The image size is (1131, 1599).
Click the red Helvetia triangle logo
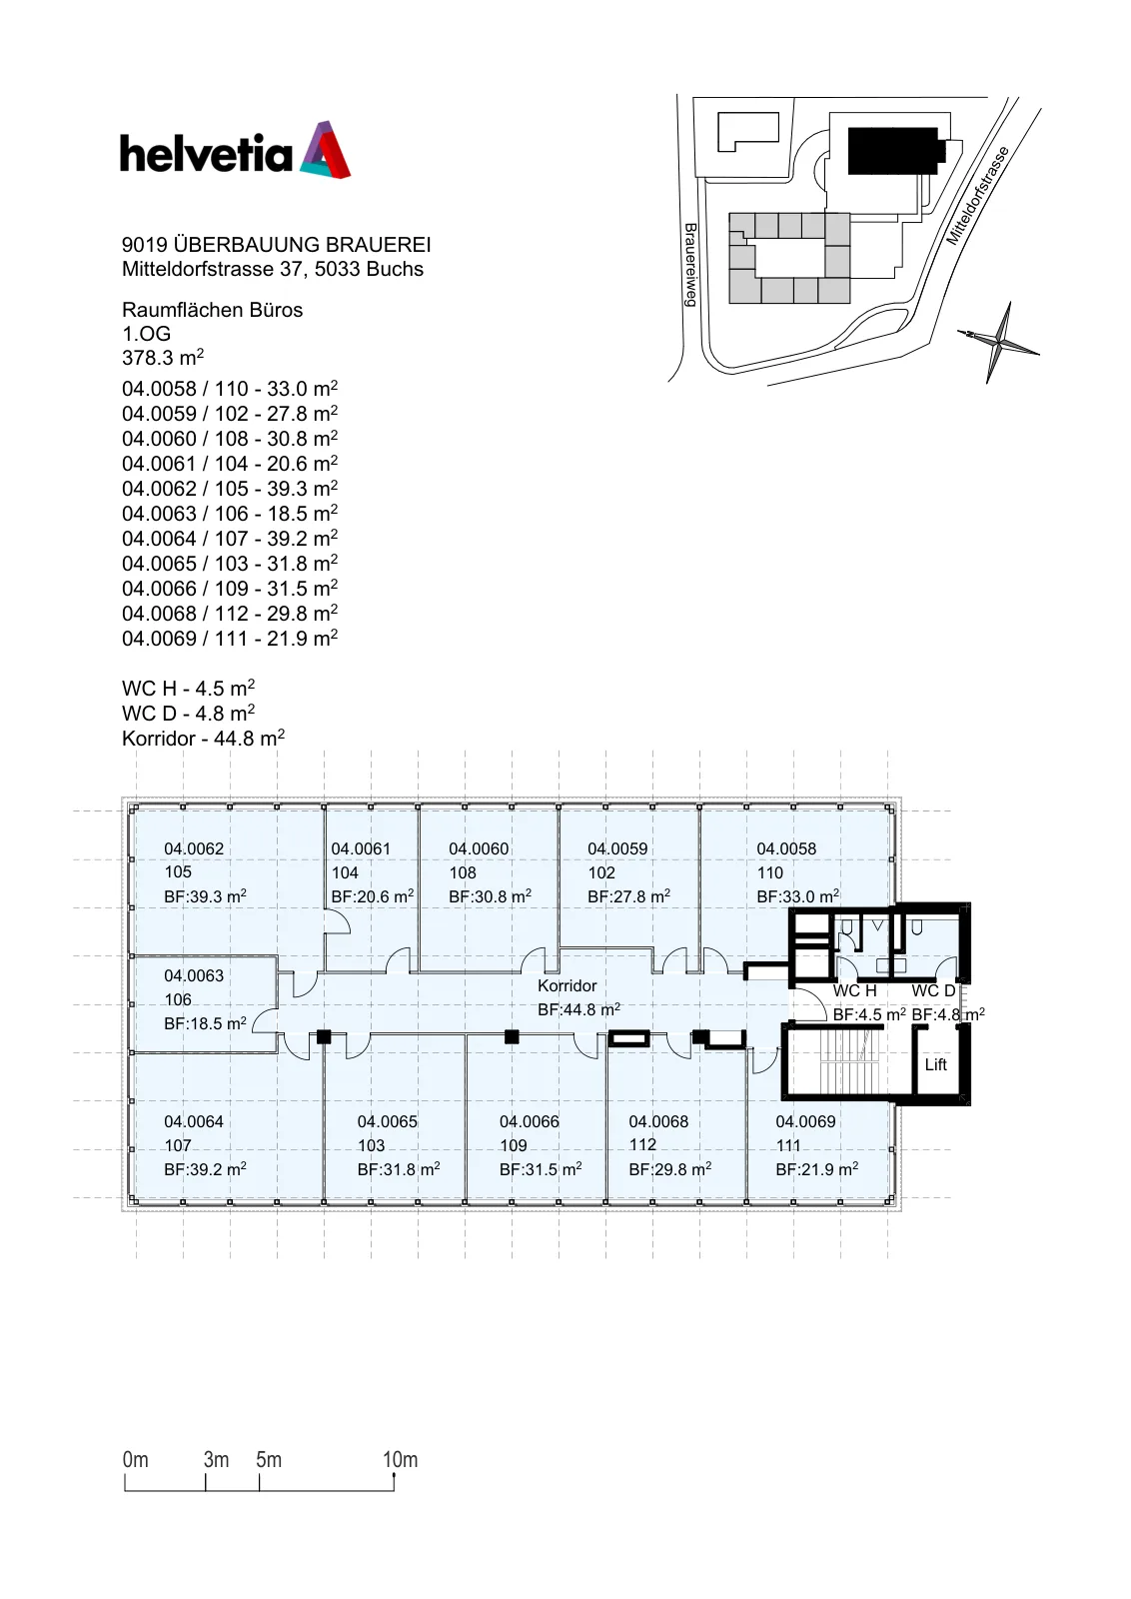(x=326, y=149)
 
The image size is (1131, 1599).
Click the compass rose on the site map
(x=998, y=343)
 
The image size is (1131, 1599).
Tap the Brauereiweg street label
(x=690, y=265)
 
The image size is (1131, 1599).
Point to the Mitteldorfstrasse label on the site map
(x=977, y=196)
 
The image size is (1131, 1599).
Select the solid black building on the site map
(x=895, y=151)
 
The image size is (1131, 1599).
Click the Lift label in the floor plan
(x=935, y=1064)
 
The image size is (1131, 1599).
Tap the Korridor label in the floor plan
(x=566, y=985)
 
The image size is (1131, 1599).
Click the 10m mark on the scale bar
(x=400, y=1460)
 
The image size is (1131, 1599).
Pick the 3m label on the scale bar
(x=216, y=1460)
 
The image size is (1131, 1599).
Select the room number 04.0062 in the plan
(x=194, y=848)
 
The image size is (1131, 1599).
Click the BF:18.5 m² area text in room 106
(x=205, y=1023)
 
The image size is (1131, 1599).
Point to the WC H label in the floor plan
(x=854, y=990)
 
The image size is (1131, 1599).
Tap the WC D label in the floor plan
(x=933, y=990)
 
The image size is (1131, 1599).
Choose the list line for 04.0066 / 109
(x=230, y=589)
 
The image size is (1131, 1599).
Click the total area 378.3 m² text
(x=163, y=357)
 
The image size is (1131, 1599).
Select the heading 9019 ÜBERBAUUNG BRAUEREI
(x=276, y=245)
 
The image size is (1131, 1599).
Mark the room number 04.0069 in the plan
(x=805, y=1121)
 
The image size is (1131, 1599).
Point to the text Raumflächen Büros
(x=212, y=310)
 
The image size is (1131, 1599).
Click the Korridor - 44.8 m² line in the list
(x=204, y=739)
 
